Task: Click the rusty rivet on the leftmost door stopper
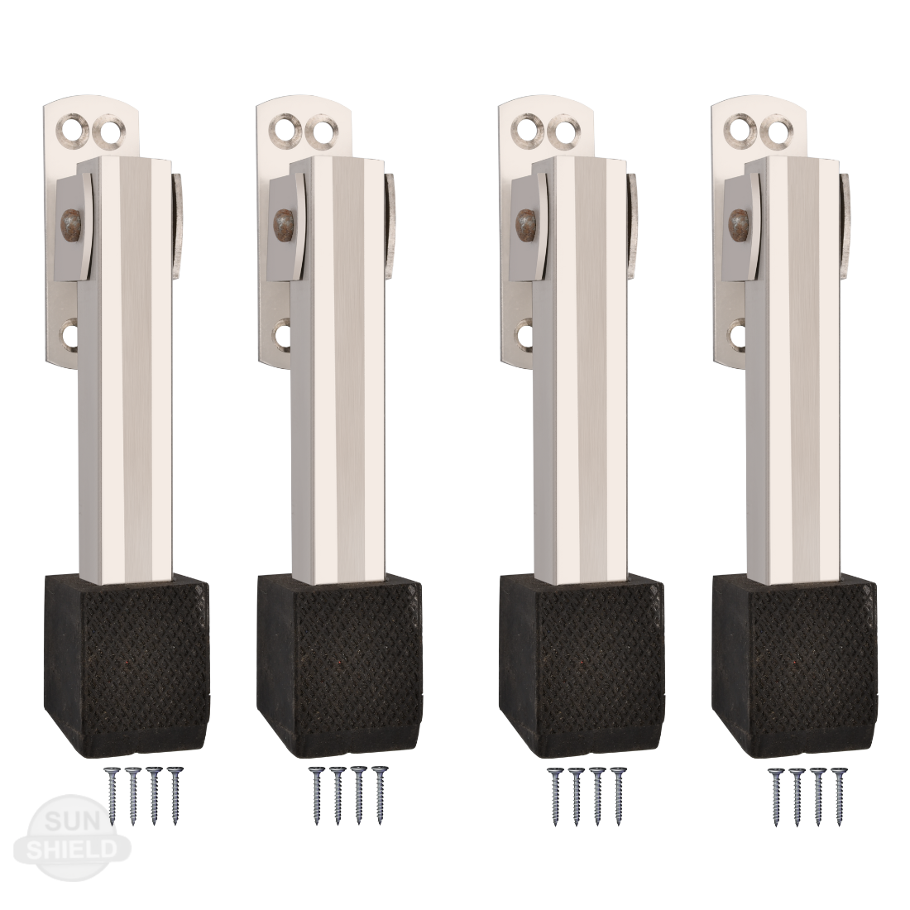point(72,223)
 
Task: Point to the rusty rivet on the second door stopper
point(285,223)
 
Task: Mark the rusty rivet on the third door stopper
point(526,223)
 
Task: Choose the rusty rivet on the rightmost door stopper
point(739,223)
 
